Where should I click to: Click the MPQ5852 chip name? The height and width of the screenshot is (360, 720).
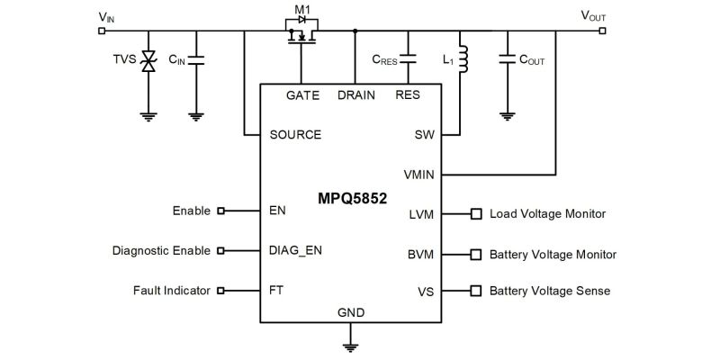click(351, 198)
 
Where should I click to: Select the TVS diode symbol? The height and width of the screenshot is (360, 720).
click(148, 61)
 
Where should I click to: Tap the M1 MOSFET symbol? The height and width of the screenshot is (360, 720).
click(301, 35)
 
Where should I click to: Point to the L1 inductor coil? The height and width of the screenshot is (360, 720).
click(463, 58)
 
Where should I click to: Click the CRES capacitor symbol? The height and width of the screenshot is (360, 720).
click(409, 60)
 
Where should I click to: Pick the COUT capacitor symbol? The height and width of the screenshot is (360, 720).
click(507, 60)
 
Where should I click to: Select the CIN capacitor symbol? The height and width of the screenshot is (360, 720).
click(195, 60)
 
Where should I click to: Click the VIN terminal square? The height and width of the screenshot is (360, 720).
click(101, 30)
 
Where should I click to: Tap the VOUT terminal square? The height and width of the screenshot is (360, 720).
click(603, 30)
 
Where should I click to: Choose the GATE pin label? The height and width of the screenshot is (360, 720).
click(302, 95)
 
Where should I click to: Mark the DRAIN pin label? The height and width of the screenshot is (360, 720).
click(355, 95)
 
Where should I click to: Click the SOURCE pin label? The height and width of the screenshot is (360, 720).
click(295, 135)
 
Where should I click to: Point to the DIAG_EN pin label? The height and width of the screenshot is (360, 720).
click(295, 251)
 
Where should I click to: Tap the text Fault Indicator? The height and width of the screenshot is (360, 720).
click(171, 291)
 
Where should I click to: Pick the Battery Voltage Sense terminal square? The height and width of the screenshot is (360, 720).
click(476, 291)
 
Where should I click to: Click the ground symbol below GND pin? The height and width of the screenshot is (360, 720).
click(351, 345)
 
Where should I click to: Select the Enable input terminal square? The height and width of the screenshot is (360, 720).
click(220, 211)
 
